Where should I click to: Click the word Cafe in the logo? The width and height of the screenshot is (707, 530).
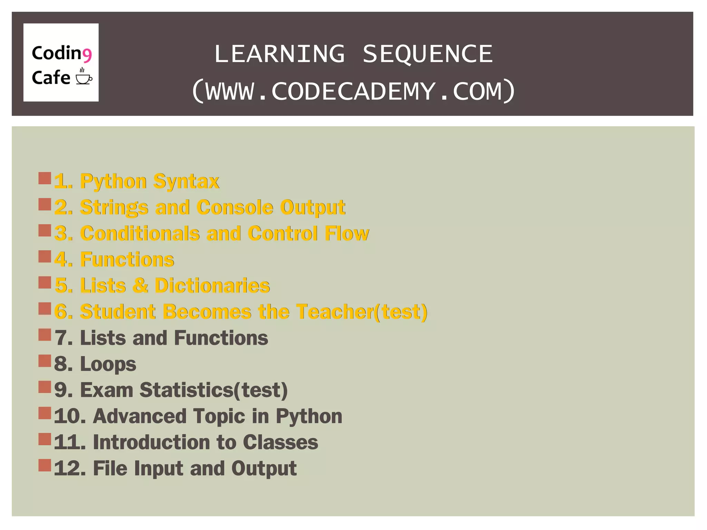click(51, 78)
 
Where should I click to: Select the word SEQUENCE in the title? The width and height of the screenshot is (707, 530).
click(427, 54)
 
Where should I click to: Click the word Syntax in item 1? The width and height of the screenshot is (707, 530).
click(186, 181)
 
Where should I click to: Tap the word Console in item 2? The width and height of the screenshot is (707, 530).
click(235, 207)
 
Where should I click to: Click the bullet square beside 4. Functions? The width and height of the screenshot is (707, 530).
click(45, 256)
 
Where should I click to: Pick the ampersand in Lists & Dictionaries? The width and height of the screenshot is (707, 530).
click(141, 286)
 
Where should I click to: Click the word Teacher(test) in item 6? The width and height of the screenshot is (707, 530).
click(361, 312)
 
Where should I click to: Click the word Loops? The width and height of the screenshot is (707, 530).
click(108, 364)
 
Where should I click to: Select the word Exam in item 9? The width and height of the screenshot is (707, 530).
click(106, 390)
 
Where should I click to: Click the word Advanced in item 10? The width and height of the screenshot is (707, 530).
click(139, 416)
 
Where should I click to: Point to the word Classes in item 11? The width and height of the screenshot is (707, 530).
click(280, 443)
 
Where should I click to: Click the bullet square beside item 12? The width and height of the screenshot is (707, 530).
click(45, 465)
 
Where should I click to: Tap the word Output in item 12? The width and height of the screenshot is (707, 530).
click(264, 469)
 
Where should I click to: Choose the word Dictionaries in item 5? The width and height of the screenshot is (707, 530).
click(212, 286)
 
